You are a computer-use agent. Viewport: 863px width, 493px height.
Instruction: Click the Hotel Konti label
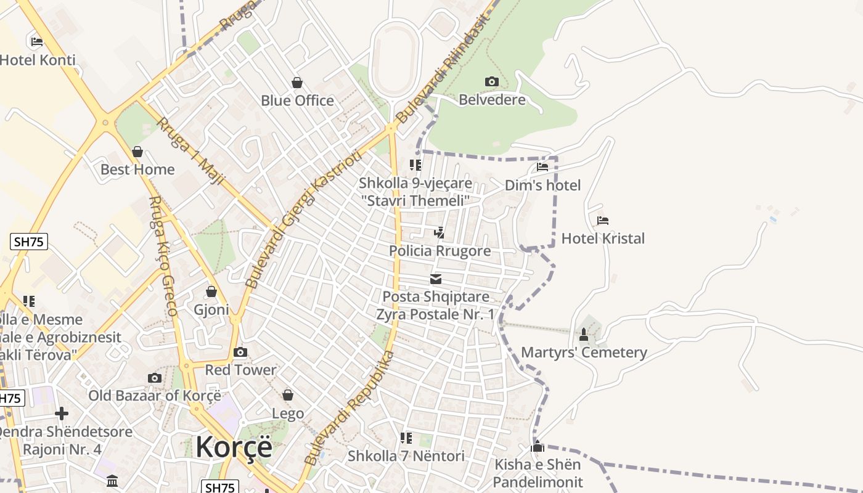click(x=38, y=60)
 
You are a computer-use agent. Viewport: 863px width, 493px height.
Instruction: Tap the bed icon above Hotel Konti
click(x=37, y=42)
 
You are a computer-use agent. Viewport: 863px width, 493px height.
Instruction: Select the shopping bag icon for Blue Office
click(x=297, y=83)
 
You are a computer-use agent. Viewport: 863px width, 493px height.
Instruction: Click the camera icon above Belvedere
click(x=491, y=81)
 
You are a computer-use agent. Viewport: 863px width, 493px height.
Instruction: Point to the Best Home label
click(x=137, y=169)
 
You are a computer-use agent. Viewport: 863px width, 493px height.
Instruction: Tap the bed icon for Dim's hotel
click(x=542, y=166)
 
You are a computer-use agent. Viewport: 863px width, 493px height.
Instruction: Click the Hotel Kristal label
click(x=603, y=238)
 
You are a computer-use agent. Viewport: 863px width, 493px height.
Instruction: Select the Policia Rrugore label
click(x=440, y=251)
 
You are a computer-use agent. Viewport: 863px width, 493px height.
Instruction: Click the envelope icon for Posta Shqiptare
click(x=436, y=279)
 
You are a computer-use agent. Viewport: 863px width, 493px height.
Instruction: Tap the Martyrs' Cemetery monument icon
click(x=584, y=335)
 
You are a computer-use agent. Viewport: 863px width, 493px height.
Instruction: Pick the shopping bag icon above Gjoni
click(x=211, y=291)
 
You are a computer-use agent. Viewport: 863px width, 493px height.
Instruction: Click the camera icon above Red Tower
click(x=240, y=352)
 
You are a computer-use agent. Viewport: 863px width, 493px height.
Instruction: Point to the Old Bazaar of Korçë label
click(x=154, y=395)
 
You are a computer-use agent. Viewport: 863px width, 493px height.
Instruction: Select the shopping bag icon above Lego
click(x=288, y=395)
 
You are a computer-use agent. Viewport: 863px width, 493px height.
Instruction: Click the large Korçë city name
click(x=234, y=447)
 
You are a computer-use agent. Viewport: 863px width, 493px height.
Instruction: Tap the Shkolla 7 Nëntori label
click(x=406, y=456)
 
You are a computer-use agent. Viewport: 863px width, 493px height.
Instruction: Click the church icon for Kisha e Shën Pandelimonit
click(x=538, y=446)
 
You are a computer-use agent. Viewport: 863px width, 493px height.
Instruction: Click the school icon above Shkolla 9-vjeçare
click(x=415, y=165)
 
